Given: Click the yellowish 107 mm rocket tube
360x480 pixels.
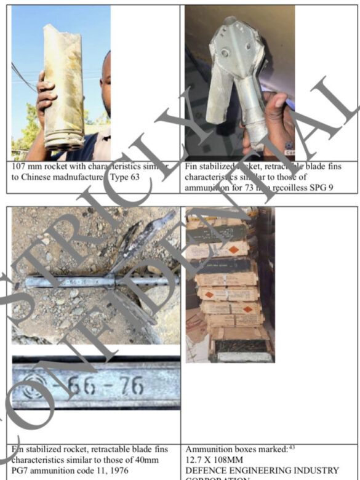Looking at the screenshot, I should point(63,86).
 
